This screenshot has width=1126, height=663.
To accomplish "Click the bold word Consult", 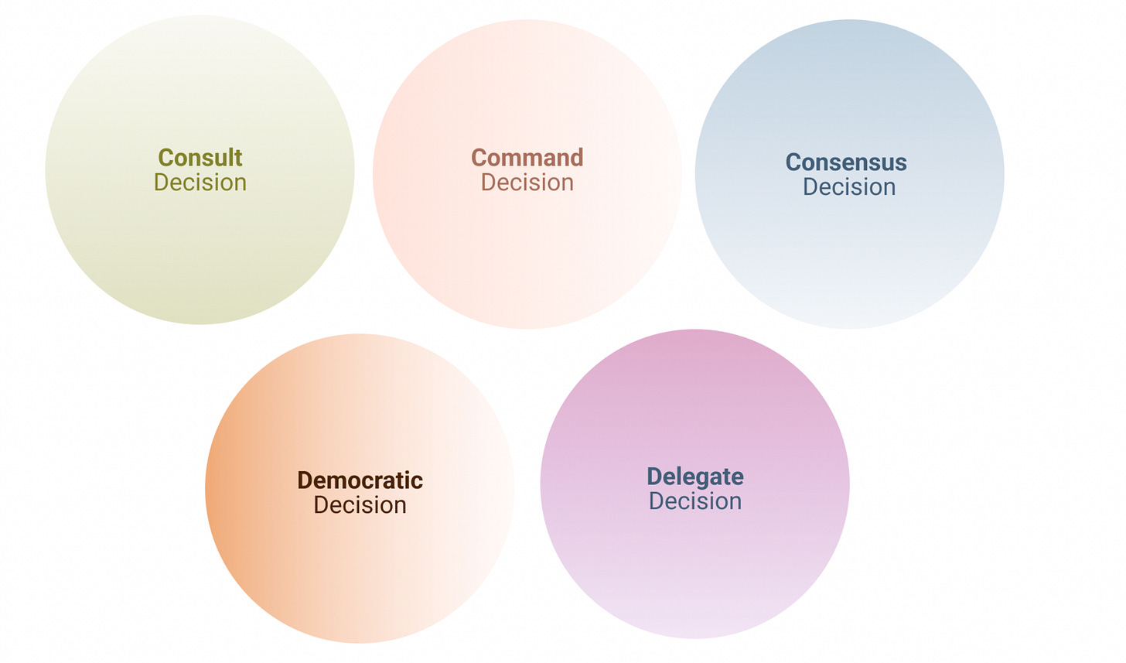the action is coord(200,158).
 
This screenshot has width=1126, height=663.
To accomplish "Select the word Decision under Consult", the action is coord(200,183).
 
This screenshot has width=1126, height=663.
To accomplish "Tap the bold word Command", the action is coord(527,158).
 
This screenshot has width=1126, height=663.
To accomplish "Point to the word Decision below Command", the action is coord(527,183).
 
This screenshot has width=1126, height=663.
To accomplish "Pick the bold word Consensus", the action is coord(846,162).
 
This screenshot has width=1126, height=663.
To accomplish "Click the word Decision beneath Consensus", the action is coord(849,187).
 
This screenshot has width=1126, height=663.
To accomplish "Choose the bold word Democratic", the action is coord(360,480).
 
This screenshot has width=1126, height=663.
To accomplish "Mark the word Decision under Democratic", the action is coord(360,505).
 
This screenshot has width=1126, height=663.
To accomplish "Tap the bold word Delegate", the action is coord(695,477).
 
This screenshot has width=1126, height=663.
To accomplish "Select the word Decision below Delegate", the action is coord(695,501).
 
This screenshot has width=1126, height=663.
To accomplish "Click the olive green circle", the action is coord(200,248).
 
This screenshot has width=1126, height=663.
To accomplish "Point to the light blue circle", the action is coord(849,255).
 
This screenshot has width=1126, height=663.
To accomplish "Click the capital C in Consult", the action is coord(165,158).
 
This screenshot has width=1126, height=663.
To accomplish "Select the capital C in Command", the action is coord(479,158).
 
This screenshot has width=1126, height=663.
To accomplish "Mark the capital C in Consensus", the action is coord(793,162).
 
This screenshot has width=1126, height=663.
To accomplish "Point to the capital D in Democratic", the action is coord(305,480).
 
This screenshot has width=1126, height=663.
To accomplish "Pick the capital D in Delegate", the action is coord(654,477).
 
